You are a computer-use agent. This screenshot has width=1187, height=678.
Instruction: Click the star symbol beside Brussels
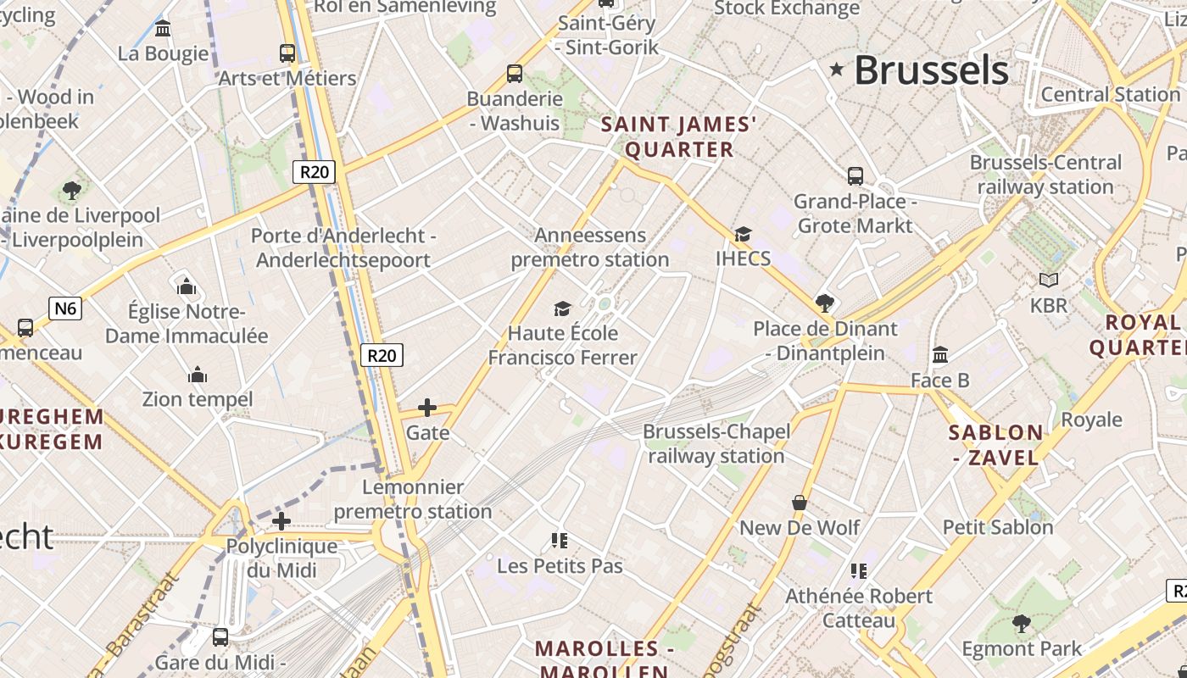[x=837, y=69]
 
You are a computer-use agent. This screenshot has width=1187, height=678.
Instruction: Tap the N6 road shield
[x=65, y=308]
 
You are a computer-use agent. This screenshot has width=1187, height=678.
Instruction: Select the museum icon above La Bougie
[x=163, y=29]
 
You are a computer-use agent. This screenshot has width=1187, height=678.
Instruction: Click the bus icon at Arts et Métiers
[x=287, y=53]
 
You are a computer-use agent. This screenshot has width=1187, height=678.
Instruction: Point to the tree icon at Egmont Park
[x=1022, y=625]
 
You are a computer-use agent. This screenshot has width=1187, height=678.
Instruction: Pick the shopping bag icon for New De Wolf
[x=799, y=503]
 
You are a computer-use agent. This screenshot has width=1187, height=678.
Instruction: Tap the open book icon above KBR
[x=1049, y=280]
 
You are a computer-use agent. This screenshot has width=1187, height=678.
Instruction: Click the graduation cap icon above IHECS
[x=743, y=234]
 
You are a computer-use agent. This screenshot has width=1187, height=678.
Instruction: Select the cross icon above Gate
[x=427, y=408]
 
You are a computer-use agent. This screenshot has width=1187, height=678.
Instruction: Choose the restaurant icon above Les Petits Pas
[x=559, y=540]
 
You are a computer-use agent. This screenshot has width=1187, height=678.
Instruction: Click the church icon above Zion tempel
[x=198, y=375]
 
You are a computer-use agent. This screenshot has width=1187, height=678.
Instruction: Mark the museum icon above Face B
[x=939, y=355]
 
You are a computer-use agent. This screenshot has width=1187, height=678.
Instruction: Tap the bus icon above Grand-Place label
[x=855, y=176]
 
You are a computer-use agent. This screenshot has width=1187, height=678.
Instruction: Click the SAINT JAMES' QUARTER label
[x=678, y=137]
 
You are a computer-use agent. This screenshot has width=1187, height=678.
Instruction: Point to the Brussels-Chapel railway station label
[x=716, y=443]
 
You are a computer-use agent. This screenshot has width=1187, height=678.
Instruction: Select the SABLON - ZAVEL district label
[x=995, y=445]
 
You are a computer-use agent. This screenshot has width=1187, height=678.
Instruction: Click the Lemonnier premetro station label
[x=413, y=499]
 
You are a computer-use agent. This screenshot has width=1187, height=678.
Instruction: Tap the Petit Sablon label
[x=998, y=527]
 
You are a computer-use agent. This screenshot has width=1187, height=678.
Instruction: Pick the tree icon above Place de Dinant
[x=824, y=303]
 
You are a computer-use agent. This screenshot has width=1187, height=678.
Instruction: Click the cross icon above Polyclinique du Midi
[x=281, y=521]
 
